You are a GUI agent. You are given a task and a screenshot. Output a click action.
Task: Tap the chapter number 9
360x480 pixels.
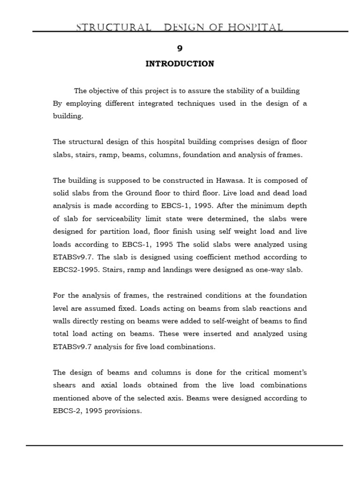[x=180, y=48]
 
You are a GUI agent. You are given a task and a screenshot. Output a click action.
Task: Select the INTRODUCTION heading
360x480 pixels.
[x=180, y=64]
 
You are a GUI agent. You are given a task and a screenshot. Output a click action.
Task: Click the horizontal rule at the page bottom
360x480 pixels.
[x=184, y=445]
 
